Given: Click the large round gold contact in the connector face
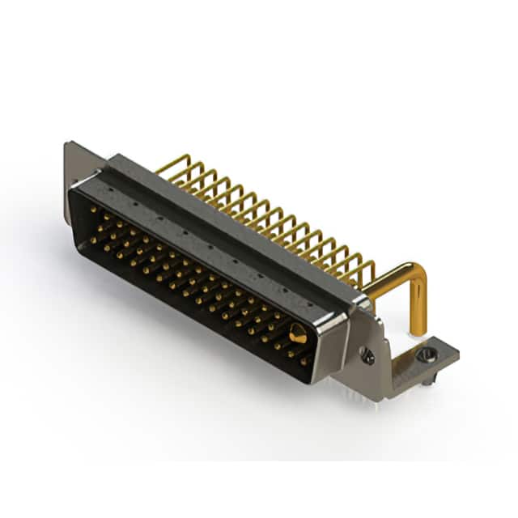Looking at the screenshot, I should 297,332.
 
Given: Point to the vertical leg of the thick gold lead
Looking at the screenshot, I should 418,312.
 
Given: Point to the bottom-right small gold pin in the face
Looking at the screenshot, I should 304,362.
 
